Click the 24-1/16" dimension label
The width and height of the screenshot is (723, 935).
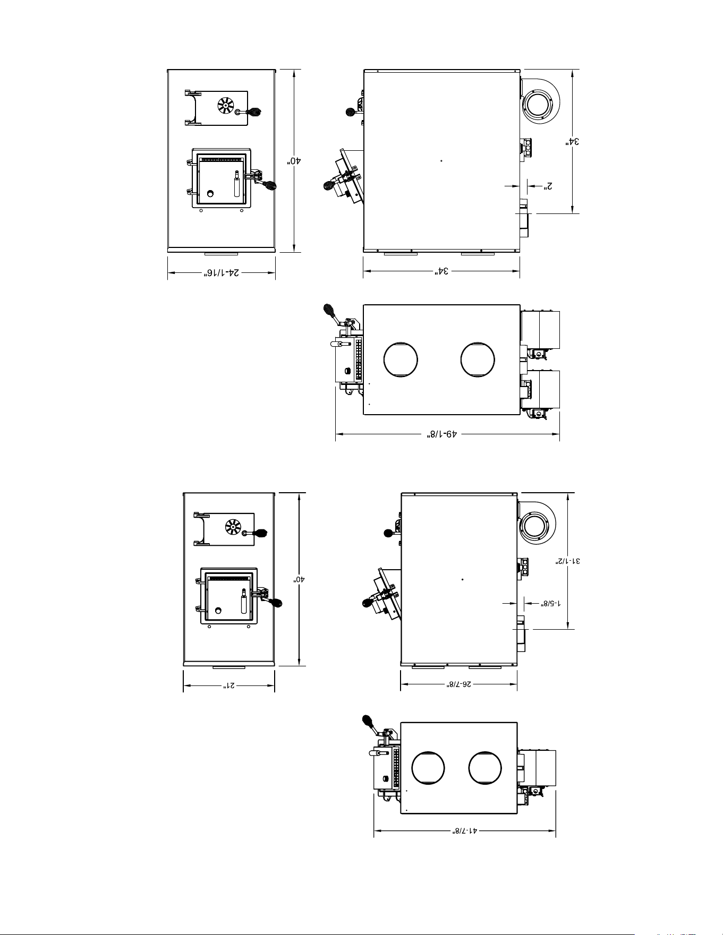221,273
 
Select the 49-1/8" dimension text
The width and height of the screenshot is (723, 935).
443,434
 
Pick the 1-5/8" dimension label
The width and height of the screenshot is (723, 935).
551,603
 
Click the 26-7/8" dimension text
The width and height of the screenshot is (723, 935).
458,684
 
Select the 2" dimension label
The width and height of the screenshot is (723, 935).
548,186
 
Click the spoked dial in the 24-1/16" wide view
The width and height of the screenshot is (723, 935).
225,106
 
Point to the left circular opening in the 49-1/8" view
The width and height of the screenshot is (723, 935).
401,359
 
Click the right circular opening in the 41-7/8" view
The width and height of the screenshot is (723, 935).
484,768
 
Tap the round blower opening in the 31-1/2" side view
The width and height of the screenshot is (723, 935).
535,526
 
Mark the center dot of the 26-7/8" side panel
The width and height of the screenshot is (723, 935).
463,579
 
